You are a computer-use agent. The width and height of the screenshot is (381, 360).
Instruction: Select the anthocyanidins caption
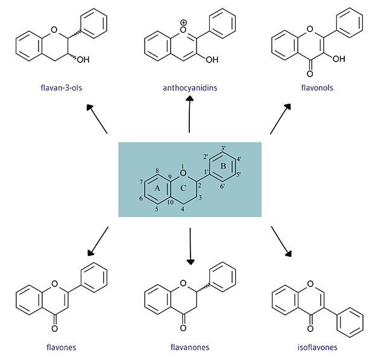coord(189,88)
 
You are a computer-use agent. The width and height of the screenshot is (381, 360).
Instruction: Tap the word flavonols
coord(317,88)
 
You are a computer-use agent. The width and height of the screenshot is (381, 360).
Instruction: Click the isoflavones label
coord(317,347)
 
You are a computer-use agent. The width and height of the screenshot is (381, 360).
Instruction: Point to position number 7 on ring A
coord(140,181)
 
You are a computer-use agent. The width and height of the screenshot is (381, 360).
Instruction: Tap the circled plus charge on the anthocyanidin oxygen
coord(183,24)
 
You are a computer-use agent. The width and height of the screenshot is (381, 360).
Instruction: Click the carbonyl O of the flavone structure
coord(54,328)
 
